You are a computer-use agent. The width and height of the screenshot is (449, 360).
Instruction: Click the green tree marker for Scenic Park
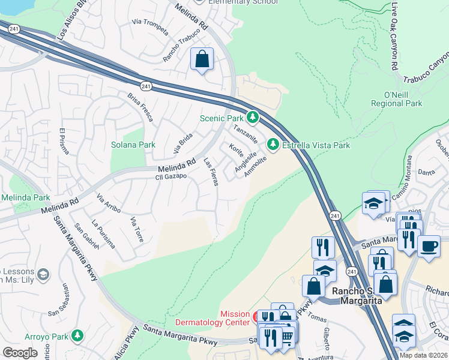pos(253,117)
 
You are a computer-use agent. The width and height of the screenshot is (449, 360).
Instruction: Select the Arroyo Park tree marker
pos(77,335)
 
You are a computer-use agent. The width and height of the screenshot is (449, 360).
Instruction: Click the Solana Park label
pos(133,145)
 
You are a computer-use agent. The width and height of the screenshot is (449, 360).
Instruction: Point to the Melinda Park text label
pos(25,197)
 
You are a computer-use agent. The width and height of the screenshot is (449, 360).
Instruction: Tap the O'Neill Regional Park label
pos(402,99)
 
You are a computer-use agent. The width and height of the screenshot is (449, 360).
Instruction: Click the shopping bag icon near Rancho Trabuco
pos(202,59)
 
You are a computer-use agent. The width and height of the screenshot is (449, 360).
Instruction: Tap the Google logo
pos(20,353)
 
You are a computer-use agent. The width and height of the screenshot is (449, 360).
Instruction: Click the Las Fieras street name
pos(211,172)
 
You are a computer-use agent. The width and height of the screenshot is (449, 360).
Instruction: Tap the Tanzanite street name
pos(246,133)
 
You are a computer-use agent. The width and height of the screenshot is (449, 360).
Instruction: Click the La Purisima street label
pos(103,235)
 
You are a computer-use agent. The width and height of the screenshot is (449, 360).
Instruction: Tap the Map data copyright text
pos(423,355)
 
